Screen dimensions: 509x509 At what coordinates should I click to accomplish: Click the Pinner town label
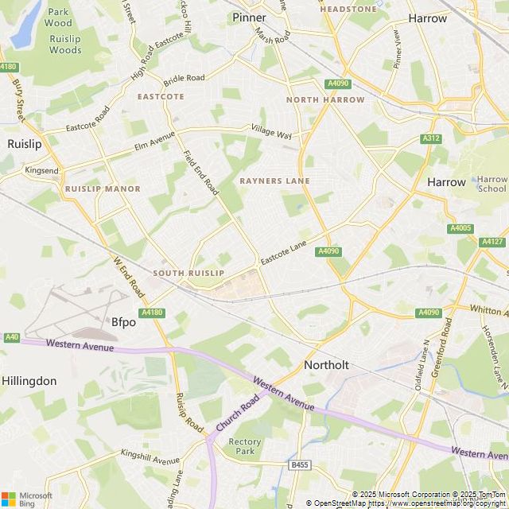(249, 17)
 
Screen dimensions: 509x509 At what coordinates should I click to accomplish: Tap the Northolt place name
(326, 365)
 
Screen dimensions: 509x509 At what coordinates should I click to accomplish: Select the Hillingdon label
(29, 381)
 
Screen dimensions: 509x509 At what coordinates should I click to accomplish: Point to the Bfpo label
(123, 322)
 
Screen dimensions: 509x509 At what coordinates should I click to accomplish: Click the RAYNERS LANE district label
(274, 181)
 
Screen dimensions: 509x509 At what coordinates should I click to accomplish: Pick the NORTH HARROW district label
(325, 100)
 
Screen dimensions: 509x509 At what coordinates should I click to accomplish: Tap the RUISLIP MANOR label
(103, 189)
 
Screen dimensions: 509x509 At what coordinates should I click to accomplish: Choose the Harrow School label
(492, 185)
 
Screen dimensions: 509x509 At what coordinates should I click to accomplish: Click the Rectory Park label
(244, 446)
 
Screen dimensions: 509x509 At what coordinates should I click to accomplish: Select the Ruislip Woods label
(64, 44)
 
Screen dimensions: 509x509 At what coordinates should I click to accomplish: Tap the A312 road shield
(431, 138)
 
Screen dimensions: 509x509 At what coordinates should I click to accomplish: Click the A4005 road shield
(460, 228)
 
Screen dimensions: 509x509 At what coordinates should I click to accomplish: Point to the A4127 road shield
(492, 242)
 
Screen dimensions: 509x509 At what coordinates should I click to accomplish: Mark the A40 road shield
(11, 337)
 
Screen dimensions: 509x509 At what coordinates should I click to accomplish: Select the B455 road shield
(299, 464)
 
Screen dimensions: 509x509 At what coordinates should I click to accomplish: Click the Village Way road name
(272, 131)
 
